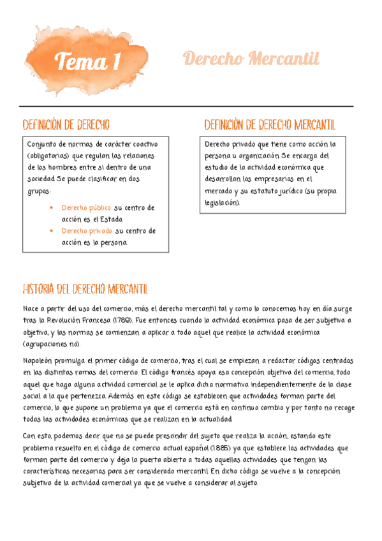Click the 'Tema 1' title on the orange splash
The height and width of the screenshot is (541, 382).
[x=89, y=62]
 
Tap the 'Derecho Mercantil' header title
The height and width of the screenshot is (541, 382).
[x=251, y=59]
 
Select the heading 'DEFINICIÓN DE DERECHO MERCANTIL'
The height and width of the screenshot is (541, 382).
[x=269, y=124]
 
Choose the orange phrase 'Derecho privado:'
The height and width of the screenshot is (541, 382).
[x=87, y=231]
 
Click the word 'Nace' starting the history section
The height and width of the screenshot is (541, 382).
[x=31, y=309]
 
